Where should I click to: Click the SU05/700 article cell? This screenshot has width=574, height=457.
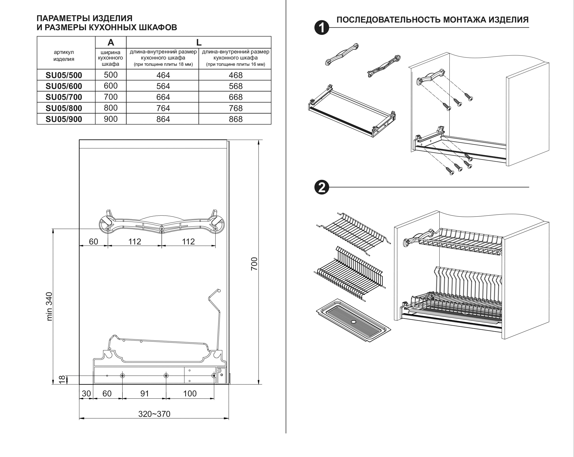point(64,97)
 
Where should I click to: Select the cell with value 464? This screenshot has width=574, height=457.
point(163,75)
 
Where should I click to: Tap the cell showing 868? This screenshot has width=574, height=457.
point(235,119)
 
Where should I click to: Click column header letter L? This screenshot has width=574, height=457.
point(199,42)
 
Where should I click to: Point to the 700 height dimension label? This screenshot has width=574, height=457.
point(254,264)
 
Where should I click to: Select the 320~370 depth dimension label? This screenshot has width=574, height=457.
point(154,414)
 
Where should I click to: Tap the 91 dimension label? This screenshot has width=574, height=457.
point(144,393)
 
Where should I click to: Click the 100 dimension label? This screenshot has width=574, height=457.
point(190,393)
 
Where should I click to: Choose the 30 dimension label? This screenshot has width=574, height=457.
point(86,393)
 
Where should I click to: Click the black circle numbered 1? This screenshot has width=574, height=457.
point(322,27)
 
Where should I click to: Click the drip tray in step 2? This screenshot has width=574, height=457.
point(353,320)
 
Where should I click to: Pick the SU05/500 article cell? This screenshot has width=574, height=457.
point(64,75)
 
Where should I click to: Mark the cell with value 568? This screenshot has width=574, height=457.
point(235,86)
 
